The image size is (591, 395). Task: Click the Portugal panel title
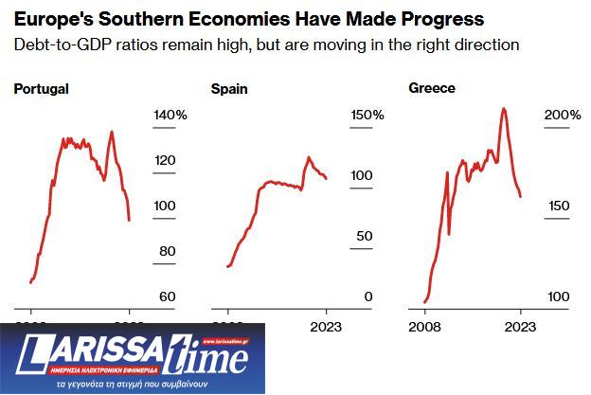click(x=41, y=89)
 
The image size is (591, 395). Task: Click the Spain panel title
click(x=228, y=89)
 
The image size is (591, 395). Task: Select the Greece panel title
click(x=432, y=88)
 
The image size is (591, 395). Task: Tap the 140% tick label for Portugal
click(x=170, y=115)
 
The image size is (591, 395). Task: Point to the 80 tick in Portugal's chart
click(x=167, y=251)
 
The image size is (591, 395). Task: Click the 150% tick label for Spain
click(x=367, y=115)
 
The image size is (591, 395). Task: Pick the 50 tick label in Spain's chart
click(x=365, y=237)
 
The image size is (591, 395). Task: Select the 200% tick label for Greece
click(x=563, y=115)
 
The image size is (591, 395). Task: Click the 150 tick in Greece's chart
click(x=557, y=206)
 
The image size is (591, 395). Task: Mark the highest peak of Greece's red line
click(x=503, y=108)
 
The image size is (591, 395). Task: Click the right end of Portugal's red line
click(x=129, y=220)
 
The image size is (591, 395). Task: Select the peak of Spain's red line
click(x=309, y=157)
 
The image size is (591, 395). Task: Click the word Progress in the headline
click(x=439, y=19)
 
